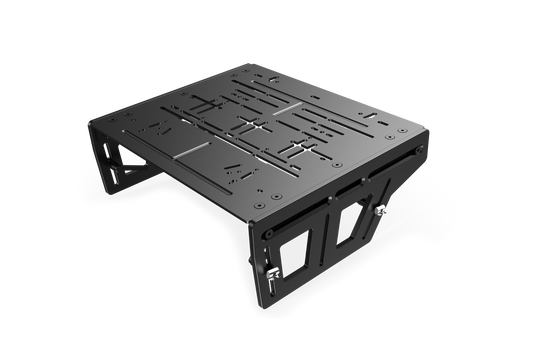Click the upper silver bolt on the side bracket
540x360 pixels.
tap(380, 210)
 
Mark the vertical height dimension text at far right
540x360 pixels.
tap(450, 150)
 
